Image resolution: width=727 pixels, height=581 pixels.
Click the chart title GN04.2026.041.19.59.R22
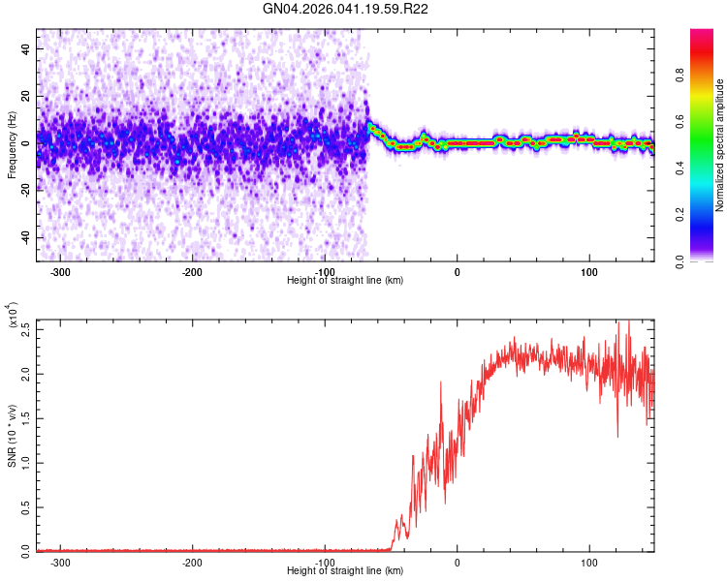tap(346, 9)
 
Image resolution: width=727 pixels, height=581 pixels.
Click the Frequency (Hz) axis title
tap(12, 145)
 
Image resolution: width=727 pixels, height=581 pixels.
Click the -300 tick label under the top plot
tap(60, 272)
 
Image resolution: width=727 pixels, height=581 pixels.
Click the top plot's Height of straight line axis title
tap(345, 281)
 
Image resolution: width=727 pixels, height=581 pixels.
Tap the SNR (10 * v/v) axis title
tap(12, 436)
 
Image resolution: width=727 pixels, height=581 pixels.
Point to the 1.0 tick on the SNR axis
tap(26, 462)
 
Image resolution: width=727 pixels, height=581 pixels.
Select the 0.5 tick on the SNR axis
tap(26, 506)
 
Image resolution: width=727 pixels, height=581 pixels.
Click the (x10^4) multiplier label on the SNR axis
tap(14, 315)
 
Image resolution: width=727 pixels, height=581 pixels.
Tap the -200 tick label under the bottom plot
tap(192, 563)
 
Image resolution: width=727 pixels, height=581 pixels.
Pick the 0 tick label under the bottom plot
tap(457, 563)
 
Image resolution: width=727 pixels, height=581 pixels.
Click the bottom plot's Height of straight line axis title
tap(345, 571)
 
